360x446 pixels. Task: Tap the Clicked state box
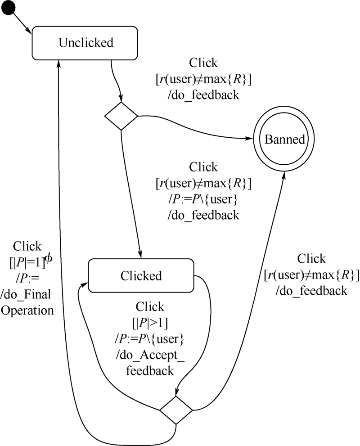[x=141, y=275]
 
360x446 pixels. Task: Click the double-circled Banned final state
[x=284, y=140]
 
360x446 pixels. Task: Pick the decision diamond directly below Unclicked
[x=121, y=117]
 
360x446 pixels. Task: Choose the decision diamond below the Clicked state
[x=176, y=410]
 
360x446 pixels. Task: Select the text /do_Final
[x=27, y=294]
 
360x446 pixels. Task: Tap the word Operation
[x=28, y=311]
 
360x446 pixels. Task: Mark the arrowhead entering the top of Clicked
[x=140, y=255]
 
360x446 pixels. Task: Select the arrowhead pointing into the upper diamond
[x=121, y=99]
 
